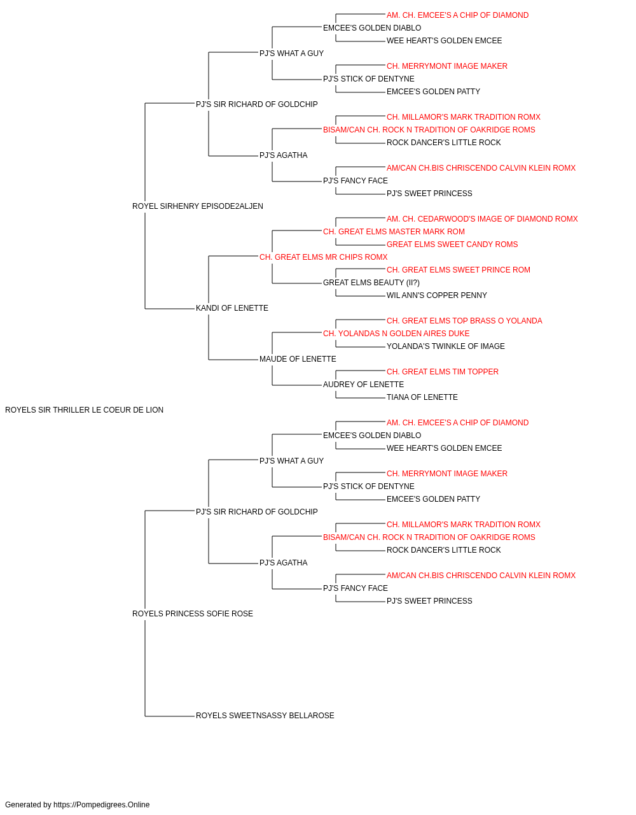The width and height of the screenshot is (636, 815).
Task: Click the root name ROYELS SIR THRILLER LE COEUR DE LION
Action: click(85, 410)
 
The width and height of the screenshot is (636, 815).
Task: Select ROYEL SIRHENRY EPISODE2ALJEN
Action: click(198, 206)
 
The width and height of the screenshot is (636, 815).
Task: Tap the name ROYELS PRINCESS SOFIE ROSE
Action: click(193, 614)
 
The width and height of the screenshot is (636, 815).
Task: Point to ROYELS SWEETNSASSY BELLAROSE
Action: click(265, 716)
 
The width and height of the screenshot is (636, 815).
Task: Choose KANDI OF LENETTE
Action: click(232, 308)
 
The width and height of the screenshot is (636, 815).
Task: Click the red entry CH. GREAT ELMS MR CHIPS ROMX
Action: click(324, 257)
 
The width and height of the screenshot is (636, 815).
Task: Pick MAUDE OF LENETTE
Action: click(298, 359)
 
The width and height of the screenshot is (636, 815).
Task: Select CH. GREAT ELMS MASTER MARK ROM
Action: click(394, 232)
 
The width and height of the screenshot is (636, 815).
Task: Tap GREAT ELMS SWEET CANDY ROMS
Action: click(452, 244)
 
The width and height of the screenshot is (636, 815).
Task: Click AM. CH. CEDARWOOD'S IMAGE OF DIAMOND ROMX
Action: click(483, 219)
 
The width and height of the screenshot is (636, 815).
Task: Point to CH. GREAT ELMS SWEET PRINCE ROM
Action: click(459, 270)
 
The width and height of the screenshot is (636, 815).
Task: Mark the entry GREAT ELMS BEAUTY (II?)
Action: click(371, 283)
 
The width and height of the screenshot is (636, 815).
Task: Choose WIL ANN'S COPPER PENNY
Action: click(437, 295)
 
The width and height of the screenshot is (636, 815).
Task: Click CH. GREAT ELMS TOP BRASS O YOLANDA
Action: click(464, 321)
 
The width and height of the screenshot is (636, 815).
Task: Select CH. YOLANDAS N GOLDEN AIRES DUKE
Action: click(396, 334)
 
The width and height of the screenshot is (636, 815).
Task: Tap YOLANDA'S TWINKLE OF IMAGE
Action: click(446, 346)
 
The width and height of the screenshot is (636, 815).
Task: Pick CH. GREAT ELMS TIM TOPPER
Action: click(443, 372)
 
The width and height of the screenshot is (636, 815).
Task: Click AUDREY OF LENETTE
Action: click(364, 385)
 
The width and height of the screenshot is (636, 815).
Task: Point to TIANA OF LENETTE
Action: click(422, 397)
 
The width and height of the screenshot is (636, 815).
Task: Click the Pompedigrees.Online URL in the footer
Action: click(102, 805)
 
